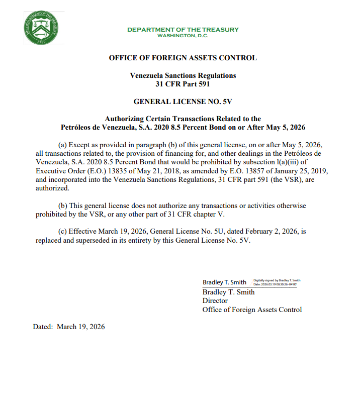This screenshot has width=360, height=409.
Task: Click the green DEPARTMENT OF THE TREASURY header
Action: click(x=183, y=30)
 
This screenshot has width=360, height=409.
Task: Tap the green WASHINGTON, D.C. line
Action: click(x=183, y=36)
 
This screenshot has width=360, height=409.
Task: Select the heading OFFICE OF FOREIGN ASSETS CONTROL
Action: click(x=183, y=58)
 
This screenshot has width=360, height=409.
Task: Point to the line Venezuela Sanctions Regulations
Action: click(x=183, y=75)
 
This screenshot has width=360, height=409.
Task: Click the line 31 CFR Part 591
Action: click(x=183, y=84)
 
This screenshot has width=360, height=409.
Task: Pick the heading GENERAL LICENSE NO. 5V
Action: click(x=183, y=101)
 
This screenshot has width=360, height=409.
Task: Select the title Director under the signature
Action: click(x=215, y=300)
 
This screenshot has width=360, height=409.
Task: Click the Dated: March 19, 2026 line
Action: click(x=69, y=327)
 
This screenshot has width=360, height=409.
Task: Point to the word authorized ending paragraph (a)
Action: click(x=53, y=188)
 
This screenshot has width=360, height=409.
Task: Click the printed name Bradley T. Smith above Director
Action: click(x=228, y=292)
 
